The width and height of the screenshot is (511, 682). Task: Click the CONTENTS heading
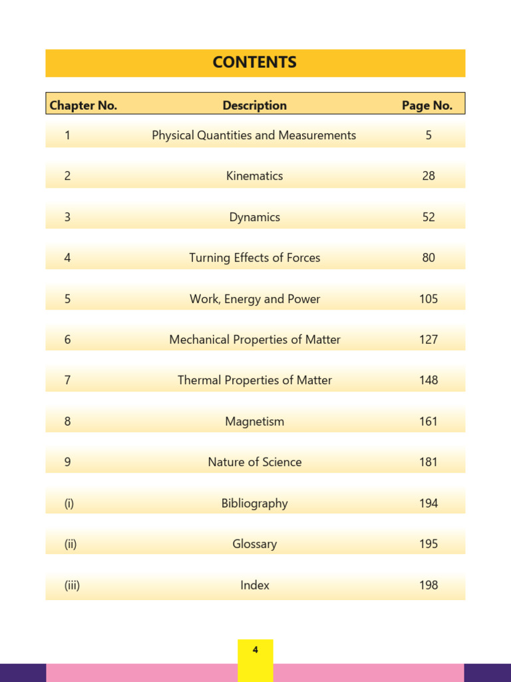255,63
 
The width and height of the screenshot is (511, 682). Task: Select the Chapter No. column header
83,105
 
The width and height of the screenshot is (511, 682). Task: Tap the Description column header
255,105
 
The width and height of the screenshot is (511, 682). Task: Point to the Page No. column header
427,105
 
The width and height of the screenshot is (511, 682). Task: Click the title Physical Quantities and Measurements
254,135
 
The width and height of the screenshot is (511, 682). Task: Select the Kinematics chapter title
255,176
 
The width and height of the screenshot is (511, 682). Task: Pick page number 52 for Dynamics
428,217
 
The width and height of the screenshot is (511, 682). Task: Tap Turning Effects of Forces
255,258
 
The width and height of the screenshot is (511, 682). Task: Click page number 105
428,299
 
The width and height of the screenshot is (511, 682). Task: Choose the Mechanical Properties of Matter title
255,340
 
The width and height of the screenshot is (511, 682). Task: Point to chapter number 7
67,380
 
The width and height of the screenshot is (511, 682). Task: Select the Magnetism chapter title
255,422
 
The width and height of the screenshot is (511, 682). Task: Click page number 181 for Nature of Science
428,462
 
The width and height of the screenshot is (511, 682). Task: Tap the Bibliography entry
255,504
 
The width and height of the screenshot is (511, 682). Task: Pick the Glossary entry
255,544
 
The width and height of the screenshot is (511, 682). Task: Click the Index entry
255,585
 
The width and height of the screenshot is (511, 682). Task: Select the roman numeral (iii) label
72,585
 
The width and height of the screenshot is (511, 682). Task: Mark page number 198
428,585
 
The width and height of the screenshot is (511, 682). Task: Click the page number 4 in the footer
255,650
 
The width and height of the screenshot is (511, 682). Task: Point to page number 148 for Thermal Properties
428,380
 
